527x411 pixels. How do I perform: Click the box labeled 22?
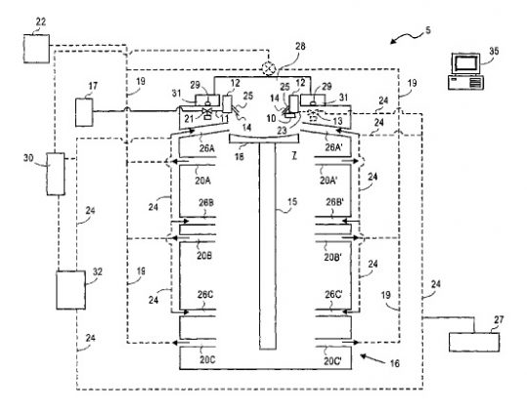click(41, 45)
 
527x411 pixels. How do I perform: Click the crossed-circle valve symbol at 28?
click(271, 66)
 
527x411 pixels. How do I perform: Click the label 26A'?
click(333, 148)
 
